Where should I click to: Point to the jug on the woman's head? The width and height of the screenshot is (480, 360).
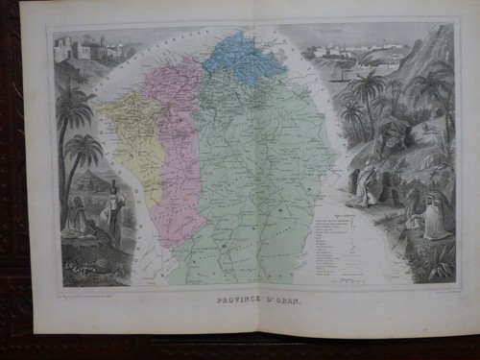click(x=113, y=182)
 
